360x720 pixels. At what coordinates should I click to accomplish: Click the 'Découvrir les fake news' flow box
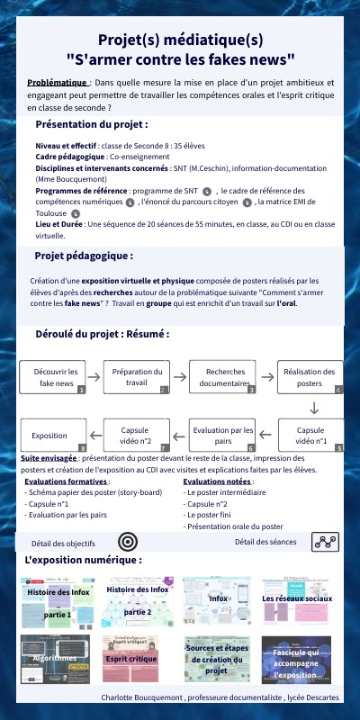pos(54,377)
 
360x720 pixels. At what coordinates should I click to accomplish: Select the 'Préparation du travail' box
pos(137,377)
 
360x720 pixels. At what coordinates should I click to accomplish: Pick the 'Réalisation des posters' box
pos(310,377)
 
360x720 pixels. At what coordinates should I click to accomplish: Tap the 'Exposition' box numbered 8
pos(52,436)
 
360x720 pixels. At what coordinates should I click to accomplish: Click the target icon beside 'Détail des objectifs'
pos(128,542)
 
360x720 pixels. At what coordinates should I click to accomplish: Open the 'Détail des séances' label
pos(265,541)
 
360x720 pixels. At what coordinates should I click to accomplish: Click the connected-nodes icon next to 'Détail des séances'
pos(324,541)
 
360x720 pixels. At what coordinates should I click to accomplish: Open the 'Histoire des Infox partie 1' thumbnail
pos(59,602)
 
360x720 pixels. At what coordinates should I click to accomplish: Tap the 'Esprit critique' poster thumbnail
pos(137,659)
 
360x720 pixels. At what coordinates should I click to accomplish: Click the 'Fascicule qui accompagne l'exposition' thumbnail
pos(297,659)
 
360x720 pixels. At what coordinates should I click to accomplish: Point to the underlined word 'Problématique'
pos(54,82)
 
